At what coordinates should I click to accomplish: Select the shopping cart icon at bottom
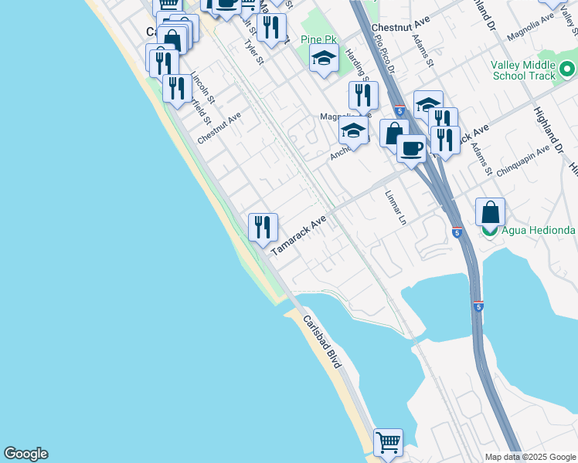coord(388,443)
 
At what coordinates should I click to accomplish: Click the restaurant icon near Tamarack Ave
coord(263,227)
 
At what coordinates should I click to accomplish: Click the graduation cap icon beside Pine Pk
coord(325,58)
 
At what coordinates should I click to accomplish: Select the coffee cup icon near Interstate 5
coord(411,147)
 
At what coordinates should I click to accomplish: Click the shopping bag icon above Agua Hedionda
coord(490,211)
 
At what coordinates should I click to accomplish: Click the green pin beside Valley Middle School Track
coord(568,70)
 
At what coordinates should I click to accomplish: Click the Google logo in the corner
coord(25,454)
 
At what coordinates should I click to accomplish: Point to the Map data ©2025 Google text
coord(530,457)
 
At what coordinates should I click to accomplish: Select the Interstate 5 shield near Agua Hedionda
coord(456,231)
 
